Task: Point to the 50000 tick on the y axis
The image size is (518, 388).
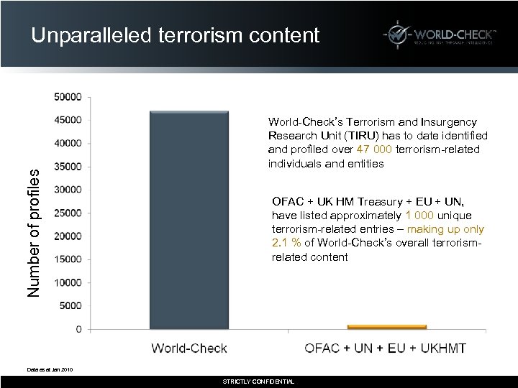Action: (x=69, y=96)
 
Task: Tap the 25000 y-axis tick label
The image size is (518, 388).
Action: (x=69, y=213)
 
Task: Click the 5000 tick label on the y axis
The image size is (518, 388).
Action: (x=71, y=306)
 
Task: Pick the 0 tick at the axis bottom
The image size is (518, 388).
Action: (x=78, y=329)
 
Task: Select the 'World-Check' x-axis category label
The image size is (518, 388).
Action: (x=188, y=348)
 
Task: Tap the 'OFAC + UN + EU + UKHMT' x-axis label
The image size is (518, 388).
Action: (x=386, y=348)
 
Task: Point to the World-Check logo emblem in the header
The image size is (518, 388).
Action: (x=396, y=35)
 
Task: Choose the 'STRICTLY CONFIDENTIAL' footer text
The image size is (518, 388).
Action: (x=258, y=382)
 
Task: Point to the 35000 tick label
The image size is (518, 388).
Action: (x=69, y=166)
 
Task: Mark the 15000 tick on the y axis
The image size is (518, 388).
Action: (x=69, y=259)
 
